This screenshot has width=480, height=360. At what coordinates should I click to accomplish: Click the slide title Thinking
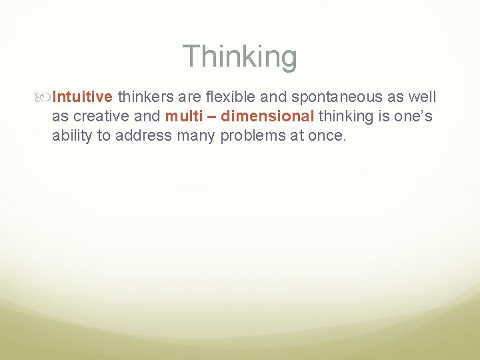pos(239,57)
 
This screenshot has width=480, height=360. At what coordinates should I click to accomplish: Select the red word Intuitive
pos(83,97)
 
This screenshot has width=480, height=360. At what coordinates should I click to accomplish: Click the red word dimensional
pos(267,116)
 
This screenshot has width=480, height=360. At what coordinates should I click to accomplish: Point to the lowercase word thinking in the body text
pos(346,116)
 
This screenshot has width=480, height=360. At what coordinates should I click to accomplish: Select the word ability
pos(73,136)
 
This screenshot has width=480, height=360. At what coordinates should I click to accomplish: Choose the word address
pos(143,136)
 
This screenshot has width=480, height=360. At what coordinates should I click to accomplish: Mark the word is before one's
pos(384,116)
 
